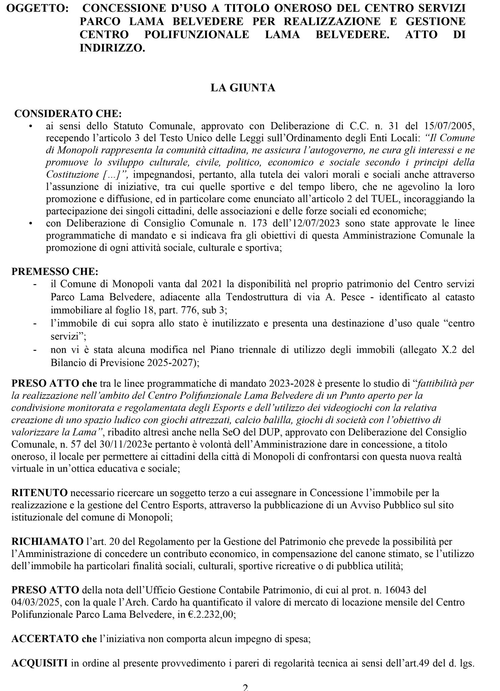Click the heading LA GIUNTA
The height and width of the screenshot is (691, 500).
243,88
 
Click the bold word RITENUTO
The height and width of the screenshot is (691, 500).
40,493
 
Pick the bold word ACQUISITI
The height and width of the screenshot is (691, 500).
40,663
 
